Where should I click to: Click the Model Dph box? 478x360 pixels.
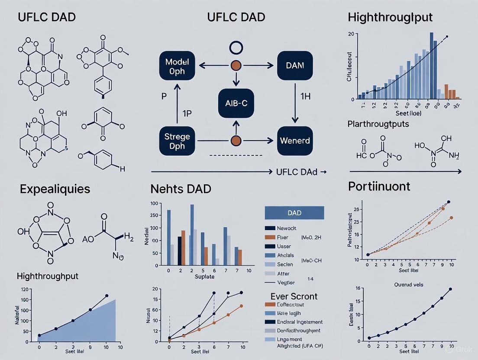coord(178,66)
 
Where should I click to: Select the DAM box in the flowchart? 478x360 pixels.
coord(295,66)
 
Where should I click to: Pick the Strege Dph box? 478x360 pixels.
coord(178,141)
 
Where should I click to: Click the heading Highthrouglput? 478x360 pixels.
coord(390,18)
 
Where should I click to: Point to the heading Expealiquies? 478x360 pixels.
coord(55,189)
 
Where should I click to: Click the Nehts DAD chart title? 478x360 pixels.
coord(181,189)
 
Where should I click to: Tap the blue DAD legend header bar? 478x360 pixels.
coord(294,213)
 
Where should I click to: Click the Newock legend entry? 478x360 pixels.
coord(286,228)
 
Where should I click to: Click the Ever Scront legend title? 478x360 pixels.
coord(294,296)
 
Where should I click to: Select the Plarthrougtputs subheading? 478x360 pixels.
coord(378,124)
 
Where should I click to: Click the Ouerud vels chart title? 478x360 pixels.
coord(409,285)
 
